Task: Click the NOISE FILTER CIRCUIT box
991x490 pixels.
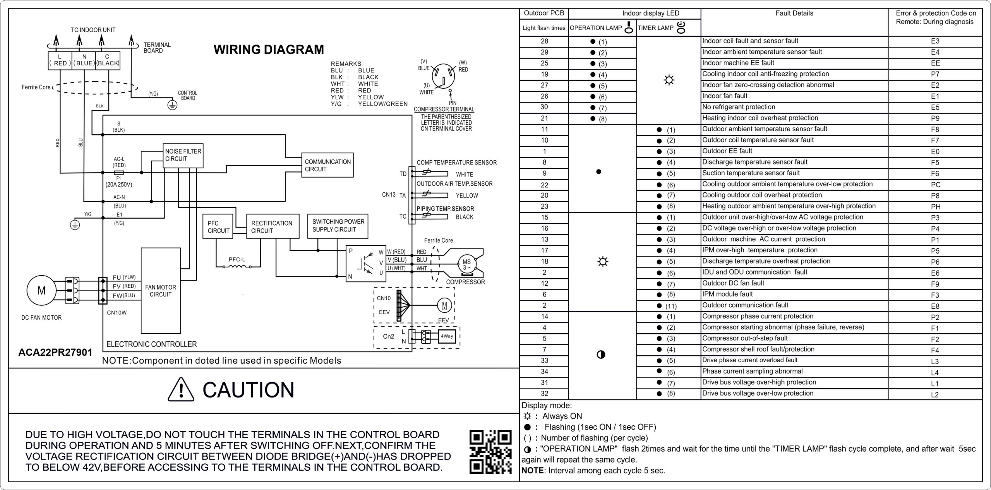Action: coord(183,156)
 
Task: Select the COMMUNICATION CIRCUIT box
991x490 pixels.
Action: coord(327,165)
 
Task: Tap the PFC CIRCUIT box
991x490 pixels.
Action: coord(218,226)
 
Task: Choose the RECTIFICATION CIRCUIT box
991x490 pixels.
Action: coord(273,226)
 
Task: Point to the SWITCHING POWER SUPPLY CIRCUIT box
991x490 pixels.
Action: coord(338,226)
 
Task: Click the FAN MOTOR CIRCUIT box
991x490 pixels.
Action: coord(161,291)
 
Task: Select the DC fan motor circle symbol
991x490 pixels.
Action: coord(41,291)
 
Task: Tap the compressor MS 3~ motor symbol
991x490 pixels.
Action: coord(466,264)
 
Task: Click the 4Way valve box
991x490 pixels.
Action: coord(447,336)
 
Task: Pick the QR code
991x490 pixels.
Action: coord(490,452)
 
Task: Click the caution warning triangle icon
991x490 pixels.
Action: coord(181,389)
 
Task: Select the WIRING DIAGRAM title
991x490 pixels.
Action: coord(269,50)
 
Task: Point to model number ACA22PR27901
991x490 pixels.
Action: coord(55,352)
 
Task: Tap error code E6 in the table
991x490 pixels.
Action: coord(935,273)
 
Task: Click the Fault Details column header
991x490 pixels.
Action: coord(794,14)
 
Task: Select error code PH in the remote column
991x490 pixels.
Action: coord(935,207)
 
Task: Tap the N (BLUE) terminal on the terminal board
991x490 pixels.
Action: coord(84,60)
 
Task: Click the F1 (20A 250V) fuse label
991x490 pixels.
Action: coord(118,182)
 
